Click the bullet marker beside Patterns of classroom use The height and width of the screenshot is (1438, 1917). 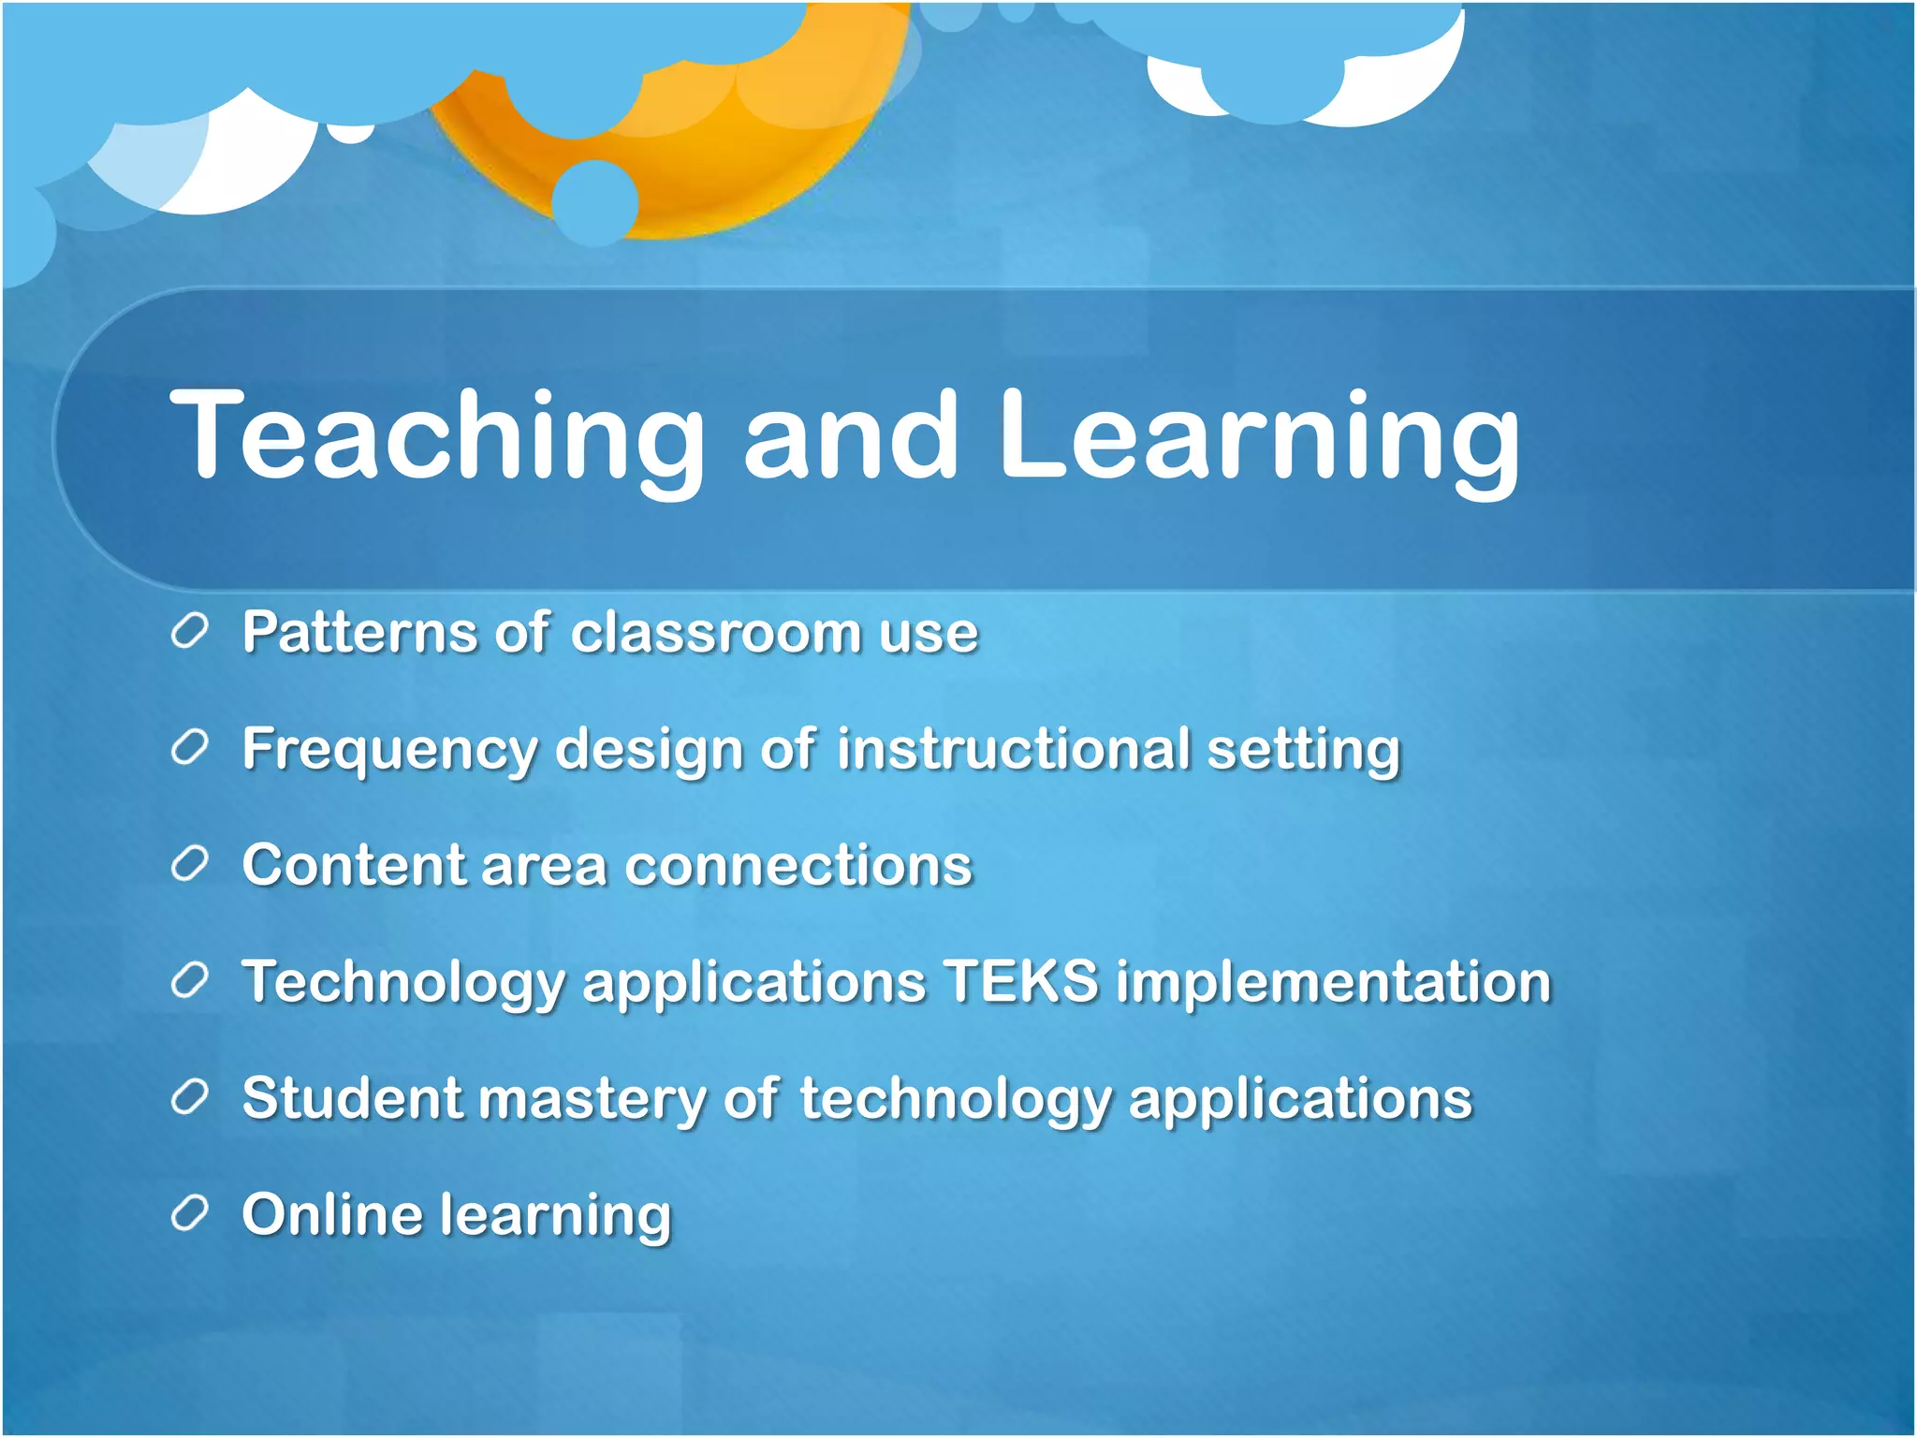click(x=189, y=633)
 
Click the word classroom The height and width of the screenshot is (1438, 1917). click(x=715, y=632)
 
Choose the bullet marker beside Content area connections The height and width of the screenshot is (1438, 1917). click(x=189, y=865)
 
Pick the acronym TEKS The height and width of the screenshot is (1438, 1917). click(x=1020, y=981)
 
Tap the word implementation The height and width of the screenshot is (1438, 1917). click(x=1333, y=983)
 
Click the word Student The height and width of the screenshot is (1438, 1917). click(x=352, y=1097)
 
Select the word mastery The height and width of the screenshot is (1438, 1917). click(x=593, y=1099)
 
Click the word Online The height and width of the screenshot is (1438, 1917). click(x=332, y=1214)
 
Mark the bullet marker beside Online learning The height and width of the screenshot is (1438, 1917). click(x=189, y=1214)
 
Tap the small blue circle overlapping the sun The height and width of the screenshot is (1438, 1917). click(x=595, y=202)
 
